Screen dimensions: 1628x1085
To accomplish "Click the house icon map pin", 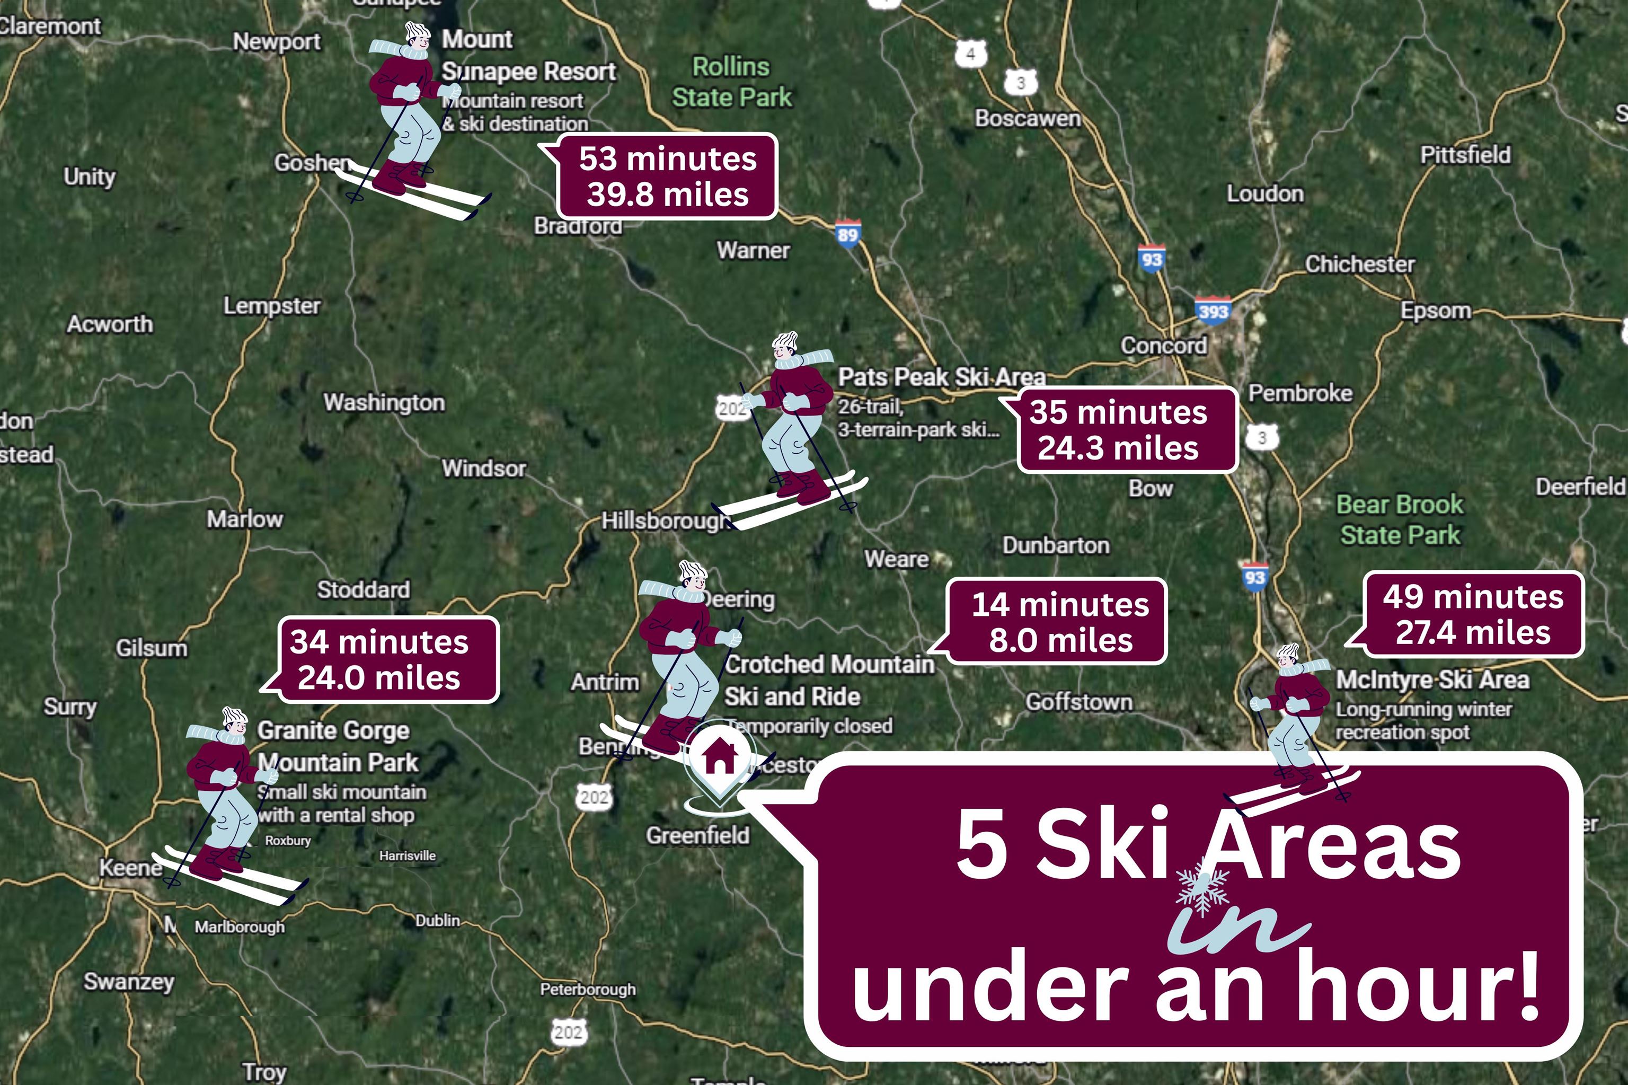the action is coord(719,758).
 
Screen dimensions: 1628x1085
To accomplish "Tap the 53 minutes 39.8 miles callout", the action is coord(668,177).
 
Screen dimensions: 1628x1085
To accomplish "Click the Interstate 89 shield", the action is coord(847,234).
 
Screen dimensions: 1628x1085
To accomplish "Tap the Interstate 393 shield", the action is coord(1213,310).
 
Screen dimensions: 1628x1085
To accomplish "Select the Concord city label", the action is coord(1164,345).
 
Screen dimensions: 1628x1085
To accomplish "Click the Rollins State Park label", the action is coord(731,82).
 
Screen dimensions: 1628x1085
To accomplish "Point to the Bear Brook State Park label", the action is coord(1400,519).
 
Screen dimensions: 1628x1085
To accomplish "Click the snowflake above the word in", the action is coord(1202,888).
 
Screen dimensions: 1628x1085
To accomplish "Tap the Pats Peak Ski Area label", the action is coord(941,377).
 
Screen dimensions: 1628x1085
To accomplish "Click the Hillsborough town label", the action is coord(664,521).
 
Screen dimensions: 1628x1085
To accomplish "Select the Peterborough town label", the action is coord(587,989).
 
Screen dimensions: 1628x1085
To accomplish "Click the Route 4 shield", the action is coord(971,54).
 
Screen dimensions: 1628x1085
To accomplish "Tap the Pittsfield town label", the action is coord(1465,155).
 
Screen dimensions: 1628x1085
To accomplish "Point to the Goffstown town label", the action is coord(1078,702).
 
